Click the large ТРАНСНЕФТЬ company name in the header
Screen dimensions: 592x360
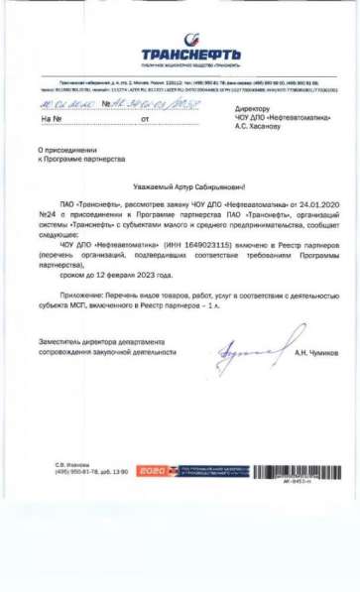pyautogui.click(x=179, y=54)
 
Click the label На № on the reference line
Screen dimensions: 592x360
pyautogui.click(x=53, y=119)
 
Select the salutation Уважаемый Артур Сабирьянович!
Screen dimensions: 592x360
pyautogui.click(x=180, y=185)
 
